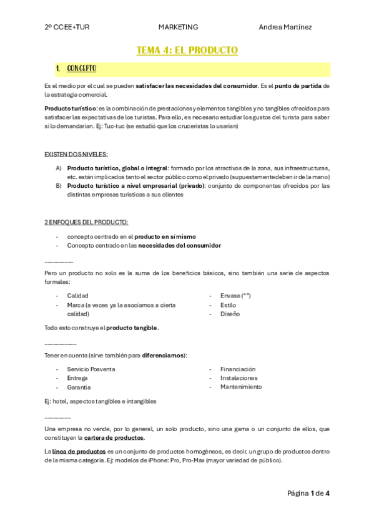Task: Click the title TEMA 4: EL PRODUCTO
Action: pos(187,50)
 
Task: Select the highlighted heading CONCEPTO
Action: pos(82,68)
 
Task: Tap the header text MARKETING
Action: pos(178,27)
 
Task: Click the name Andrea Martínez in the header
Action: pos(285,27)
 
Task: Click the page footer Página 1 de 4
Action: pos(308,493)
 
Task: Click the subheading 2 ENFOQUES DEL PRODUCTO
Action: pos(86,222)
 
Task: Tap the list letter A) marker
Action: pos(59,168)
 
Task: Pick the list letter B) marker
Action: pos(59,185)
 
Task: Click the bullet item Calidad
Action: pos(78,296)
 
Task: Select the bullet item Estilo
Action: pos(228,305)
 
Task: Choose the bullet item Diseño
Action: pos(230,314)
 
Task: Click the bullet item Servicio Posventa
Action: pos(91,369)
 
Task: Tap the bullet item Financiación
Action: pos(238,369)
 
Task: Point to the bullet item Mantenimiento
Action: pos(241,387)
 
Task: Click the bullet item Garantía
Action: pos(79,387)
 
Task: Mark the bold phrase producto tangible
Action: pos(132,328)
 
